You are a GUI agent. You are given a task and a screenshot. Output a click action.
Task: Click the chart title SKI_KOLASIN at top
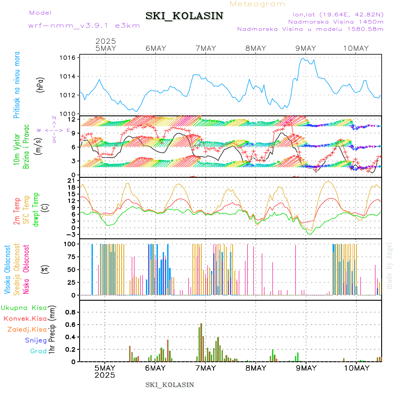click(184, 16)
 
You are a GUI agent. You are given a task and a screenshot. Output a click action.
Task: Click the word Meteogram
click(258, 4)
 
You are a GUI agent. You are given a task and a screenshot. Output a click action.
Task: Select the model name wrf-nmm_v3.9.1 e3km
click(84, 25)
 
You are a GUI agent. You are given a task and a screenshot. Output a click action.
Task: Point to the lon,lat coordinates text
click(335, 14)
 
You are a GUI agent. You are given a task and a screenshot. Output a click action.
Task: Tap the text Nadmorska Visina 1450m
click(336, 21)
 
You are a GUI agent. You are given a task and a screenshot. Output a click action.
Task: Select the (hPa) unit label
click(40, 84)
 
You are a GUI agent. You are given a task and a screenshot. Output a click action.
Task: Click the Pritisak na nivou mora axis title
click(17, 85)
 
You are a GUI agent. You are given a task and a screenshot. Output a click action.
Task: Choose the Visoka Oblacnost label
click(8, 270)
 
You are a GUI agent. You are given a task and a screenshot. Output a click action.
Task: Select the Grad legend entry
click(38, 352)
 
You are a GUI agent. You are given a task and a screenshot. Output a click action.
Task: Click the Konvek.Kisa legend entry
click(25, 318)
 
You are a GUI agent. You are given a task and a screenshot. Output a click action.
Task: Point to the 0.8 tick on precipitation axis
click(71, 312)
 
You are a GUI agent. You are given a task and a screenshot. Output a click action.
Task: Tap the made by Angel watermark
click(390, 265)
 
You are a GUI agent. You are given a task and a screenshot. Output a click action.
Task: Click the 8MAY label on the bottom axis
click(256, 368)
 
